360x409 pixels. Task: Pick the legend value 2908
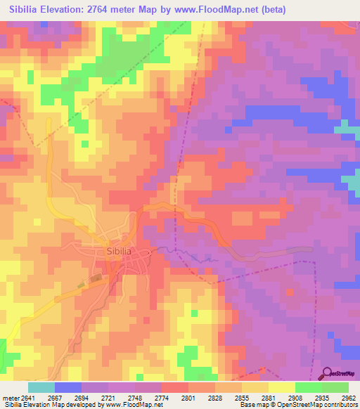tap(295, 397)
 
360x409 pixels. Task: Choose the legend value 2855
tap(242, 397)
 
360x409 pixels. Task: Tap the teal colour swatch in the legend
tap(41, 387)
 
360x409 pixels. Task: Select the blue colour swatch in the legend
tap(68, 387)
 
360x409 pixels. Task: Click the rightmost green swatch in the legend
tap(335, 387)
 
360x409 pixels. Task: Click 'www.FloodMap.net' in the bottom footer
tap(134, 405)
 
